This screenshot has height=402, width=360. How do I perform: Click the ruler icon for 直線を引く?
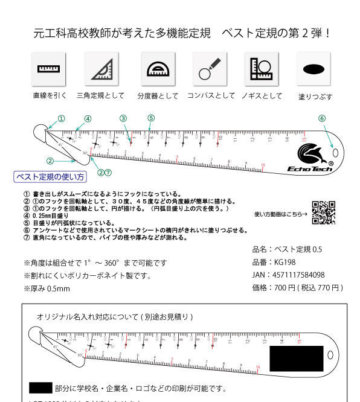click(48, 69)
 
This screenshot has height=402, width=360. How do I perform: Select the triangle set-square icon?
click(101, 69)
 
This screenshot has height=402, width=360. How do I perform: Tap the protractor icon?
click(158, 69)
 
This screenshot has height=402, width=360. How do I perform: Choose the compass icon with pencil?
click(209, 69)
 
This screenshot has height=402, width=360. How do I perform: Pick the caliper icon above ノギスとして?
click(261, 69)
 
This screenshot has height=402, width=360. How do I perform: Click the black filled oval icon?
click(313, 69)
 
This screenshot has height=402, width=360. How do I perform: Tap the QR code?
click(323, 212)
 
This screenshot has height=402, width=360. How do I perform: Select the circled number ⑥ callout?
click(322, 118)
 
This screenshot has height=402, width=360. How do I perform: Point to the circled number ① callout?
click(61, 118)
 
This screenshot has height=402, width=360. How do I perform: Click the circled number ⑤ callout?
click(151, 118)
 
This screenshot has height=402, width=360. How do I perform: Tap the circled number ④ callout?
click(88, 119)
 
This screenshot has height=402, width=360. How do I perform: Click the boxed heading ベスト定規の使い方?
click(50, 177)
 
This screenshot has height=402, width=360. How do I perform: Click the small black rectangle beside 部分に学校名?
click(40, 388)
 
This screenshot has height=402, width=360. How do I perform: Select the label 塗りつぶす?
click(315, 97)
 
